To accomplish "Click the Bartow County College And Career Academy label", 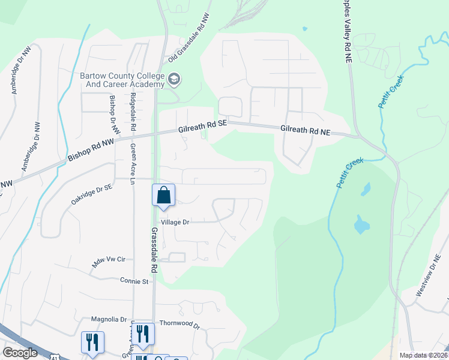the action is click(122, 80).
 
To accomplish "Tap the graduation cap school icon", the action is click(174, 79).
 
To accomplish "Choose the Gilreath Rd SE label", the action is click(203, 125).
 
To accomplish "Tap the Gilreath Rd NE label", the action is click(305, 129).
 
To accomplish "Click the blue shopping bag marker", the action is click(163, 195).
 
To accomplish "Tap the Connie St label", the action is click(134, 280).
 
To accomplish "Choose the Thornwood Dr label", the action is click(179, 324).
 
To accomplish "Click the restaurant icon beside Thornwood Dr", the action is click(142, 333).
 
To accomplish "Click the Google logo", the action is click(20, 353).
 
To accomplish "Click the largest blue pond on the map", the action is click(361, 225).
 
